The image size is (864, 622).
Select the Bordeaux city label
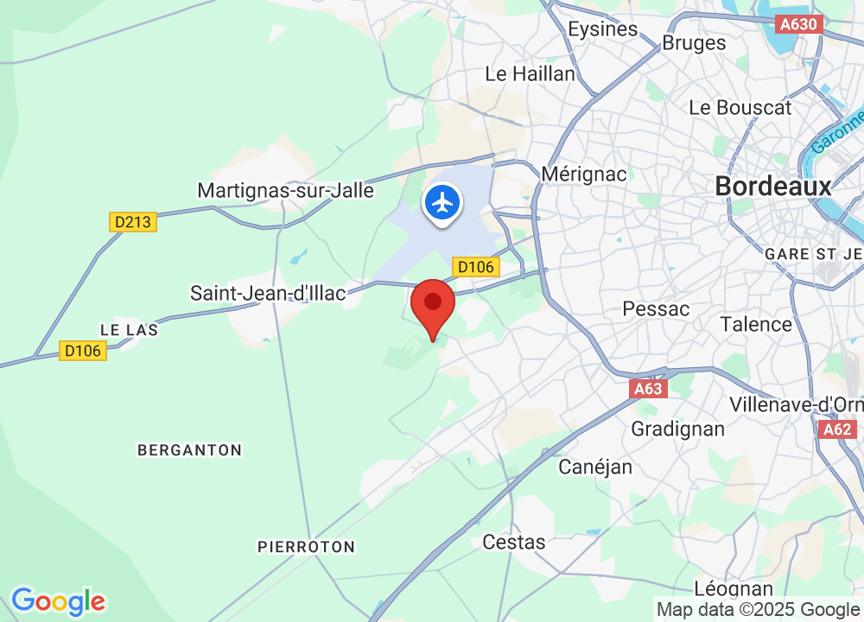(x=773, y=186)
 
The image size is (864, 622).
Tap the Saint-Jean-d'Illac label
(x=268, y=294)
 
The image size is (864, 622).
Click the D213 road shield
(x=133, y=222)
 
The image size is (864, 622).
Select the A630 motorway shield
(x=798, y=25)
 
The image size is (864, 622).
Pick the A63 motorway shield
(x=649, y=390)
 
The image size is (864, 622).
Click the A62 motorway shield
(x=837, y=429)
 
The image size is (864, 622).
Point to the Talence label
(x=756, y=324)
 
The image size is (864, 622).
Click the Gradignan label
(x=665, y=428)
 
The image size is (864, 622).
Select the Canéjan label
(x=595, y=467)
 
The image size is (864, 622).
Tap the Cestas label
(x=514, y=542)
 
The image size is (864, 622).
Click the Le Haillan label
(x=530, y=74)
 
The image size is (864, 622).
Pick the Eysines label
(x=602, y=29)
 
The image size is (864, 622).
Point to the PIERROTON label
(x=307, y=547)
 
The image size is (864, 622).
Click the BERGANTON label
(x=190, y=450)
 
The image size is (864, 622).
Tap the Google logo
(x=58, y=600)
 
